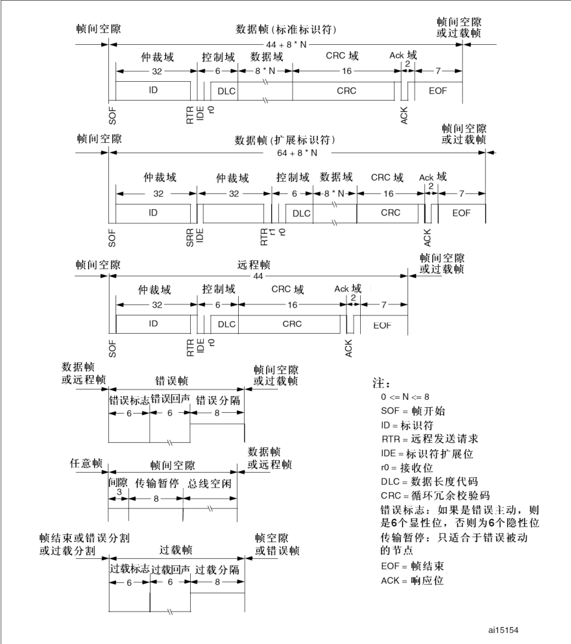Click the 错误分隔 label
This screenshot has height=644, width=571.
click(x=217, y=399)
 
